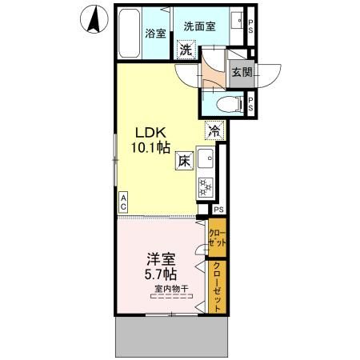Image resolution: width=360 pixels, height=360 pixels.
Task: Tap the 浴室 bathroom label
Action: pyautogui.click(x=154, y=34)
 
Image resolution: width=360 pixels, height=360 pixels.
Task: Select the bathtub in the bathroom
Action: pyautogui.click(x=129, y=34)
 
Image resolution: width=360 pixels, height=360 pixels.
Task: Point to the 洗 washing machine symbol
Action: pyautogui.click(x=186, y=50)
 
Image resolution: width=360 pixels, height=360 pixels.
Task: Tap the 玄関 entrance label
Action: pyautogui.click(x=240, y=71)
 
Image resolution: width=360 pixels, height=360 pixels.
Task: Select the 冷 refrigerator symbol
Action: pyautogui.click(x=214, y=127)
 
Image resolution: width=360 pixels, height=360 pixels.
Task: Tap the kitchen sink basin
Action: pyautogui.click(x=205, y=158)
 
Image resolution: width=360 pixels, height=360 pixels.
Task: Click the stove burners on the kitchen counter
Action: pyautogui.click(x=205, y=187)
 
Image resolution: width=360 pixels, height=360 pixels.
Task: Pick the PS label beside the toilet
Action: pyautogui.click(x=251, y=102)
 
